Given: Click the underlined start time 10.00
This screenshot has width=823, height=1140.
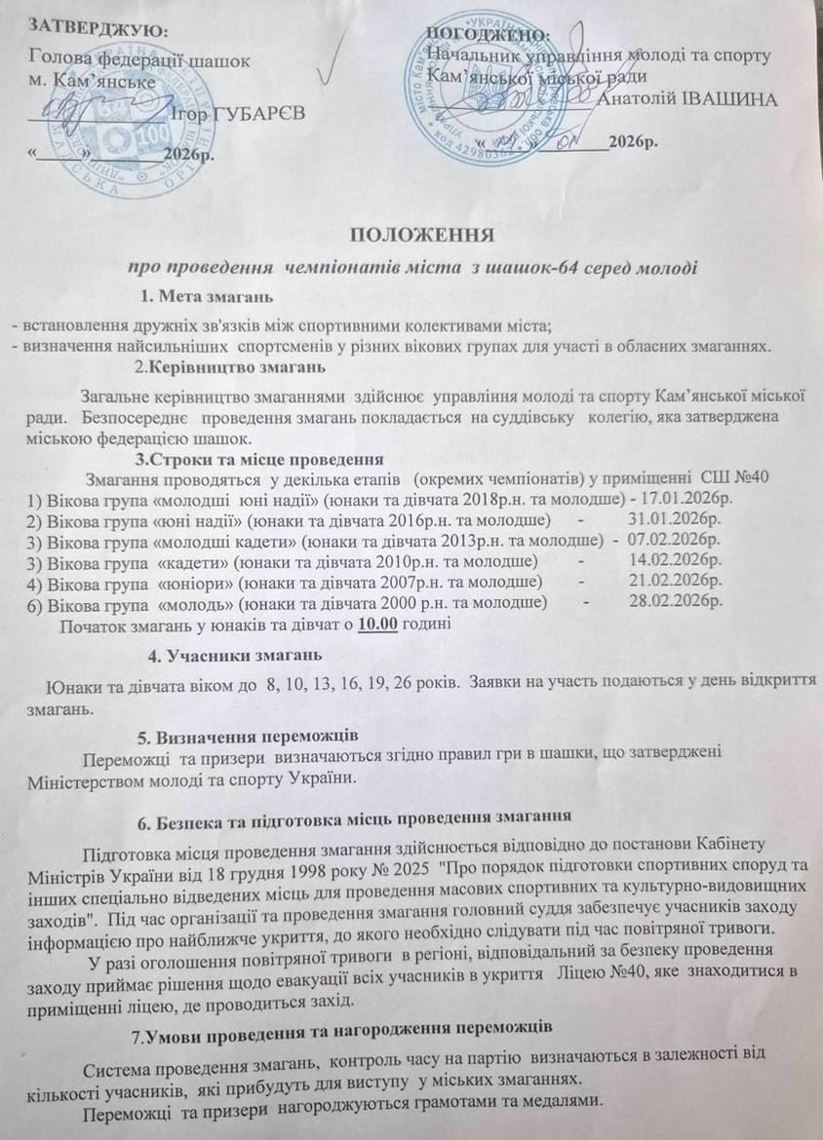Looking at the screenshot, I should point(377,624).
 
